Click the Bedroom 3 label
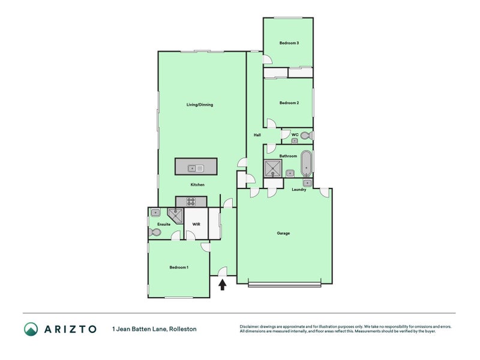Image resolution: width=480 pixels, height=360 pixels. tap(289, 43)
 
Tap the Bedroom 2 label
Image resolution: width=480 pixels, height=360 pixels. tap(289, 103)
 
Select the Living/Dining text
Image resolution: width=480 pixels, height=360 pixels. tap(200, 105)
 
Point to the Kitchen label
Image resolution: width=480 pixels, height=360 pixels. tap(197, 185)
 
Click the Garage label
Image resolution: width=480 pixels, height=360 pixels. tap(283, 233)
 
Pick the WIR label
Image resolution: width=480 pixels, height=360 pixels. tap(196, 224)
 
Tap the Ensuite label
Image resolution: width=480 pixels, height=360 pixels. tap(164, 224)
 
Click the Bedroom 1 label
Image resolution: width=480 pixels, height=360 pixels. tap(179, 267)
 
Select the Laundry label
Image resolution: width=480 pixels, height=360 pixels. tap(299, 190)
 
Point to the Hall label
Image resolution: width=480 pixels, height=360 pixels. tap(257, 135)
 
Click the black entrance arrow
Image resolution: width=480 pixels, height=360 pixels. tap(222, 285)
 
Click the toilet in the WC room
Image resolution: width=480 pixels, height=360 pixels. tap(305, 136)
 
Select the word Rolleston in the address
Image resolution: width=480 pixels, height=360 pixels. tap(182, 329)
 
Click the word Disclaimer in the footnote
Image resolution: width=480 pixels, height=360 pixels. tap(251, 326)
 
